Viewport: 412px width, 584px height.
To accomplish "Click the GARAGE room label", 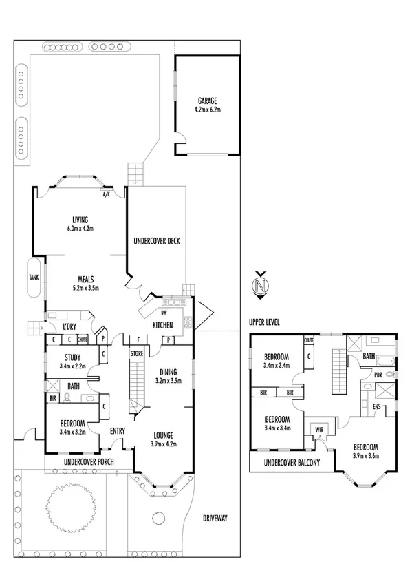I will click(x=207, y=101).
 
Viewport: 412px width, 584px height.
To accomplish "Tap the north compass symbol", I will click(x=259, y=284).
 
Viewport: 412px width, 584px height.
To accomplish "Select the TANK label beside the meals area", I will click(x=34, y=278).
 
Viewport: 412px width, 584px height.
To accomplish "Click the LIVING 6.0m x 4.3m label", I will click(x=80, y=220).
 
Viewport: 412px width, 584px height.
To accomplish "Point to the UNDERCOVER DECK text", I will click(x=156, y=241).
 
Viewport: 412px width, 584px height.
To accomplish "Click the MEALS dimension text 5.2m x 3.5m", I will click(x=85, y=289).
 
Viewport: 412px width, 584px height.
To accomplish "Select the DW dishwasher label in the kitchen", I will click(x=164, y=312).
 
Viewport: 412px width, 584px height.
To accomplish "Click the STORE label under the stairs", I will click(x=137, y=353).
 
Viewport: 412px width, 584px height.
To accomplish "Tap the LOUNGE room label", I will click(x=163, y=435).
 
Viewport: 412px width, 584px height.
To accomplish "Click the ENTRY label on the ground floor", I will click(x=118, y=431).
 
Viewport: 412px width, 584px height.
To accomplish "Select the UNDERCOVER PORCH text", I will click(x=88, y=461).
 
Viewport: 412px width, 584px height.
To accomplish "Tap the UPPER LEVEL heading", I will click(x=269, y=322).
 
